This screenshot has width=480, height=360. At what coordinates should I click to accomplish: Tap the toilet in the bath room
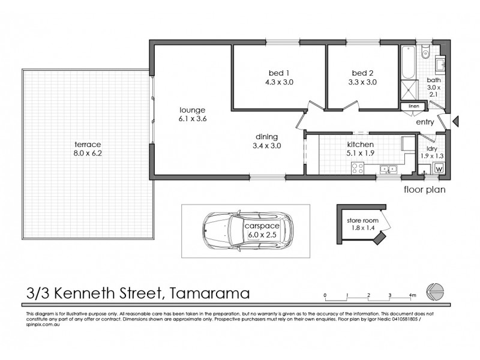click(x=425, y=52)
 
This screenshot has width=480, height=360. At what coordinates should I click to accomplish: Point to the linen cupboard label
click(x=413, y=107)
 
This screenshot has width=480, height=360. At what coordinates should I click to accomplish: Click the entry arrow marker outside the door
click(x=455, y=122)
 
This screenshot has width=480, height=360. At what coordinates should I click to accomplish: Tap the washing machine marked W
click(x=439, y=169)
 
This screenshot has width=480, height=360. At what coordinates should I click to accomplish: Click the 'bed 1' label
click(x=276, y=74)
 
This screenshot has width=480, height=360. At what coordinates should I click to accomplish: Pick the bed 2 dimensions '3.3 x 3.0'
click(x=364, y=83)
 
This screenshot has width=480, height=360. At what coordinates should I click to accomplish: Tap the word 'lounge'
click(x=193, y=110)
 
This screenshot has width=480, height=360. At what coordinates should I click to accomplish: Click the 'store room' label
click(x=362, y=220)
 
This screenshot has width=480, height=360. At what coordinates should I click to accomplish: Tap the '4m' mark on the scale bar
click(x=412, y=295)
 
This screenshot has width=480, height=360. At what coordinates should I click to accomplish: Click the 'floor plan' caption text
click(x=425, y=190)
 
